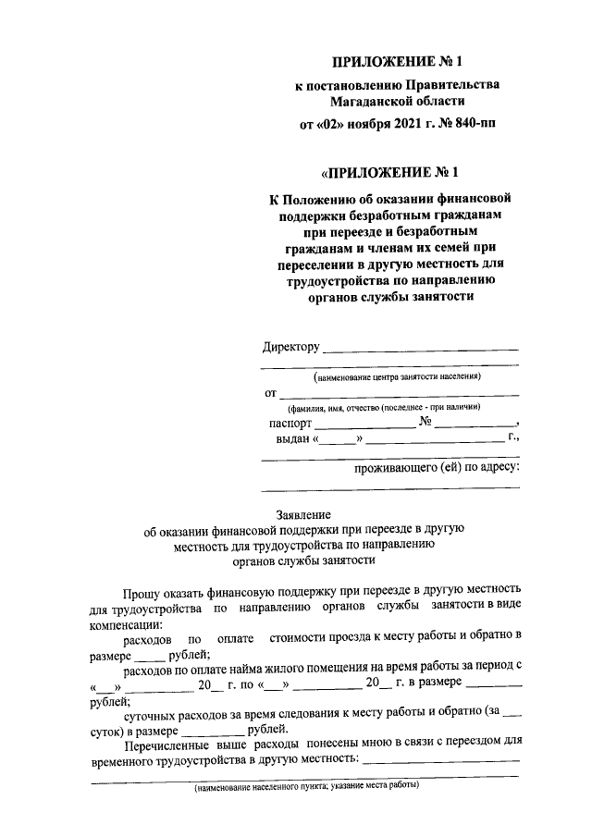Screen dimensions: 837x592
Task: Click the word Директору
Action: pyautogui.click(x=290, y=348)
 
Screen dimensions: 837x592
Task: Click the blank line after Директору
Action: pyautogui.click(x=420, y=350)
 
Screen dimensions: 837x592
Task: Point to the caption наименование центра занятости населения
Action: pyautogui.click(x=398, y=377)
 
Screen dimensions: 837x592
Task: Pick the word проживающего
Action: pyautogui.click(x=399, y=467)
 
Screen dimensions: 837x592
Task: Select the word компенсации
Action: pyautogui.click(x=126, y=623)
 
